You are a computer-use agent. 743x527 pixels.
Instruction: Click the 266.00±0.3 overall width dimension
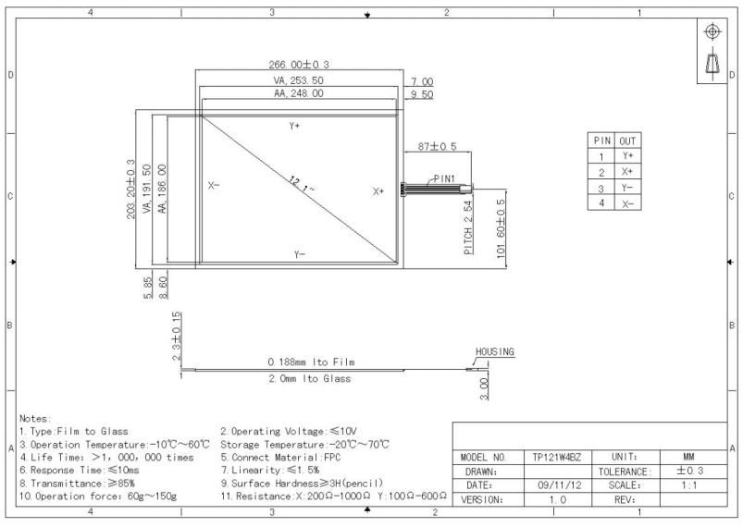pos(299,65)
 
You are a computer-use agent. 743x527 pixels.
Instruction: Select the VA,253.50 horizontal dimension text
pos(299,80)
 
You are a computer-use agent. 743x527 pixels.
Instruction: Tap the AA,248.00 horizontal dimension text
pos(299,93)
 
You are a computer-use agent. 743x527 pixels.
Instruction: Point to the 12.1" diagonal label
pos(302,184)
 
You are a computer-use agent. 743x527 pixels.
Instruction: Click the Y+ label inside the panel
pos(295,126)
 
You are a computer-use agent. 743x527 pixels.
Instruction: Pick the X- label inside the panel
pos(214,185)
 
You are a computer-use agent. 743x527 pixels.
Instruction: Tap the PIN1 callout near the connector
pos(444,178)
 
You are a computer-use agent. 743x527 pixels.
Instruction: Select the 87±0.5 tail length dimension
pos(437,146)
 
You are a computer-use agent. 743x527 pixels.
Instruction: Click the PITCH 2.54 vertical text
pos(468,227)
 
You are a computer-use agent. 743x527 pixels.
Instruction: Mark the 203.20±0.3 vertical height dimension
pos(130,189)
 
